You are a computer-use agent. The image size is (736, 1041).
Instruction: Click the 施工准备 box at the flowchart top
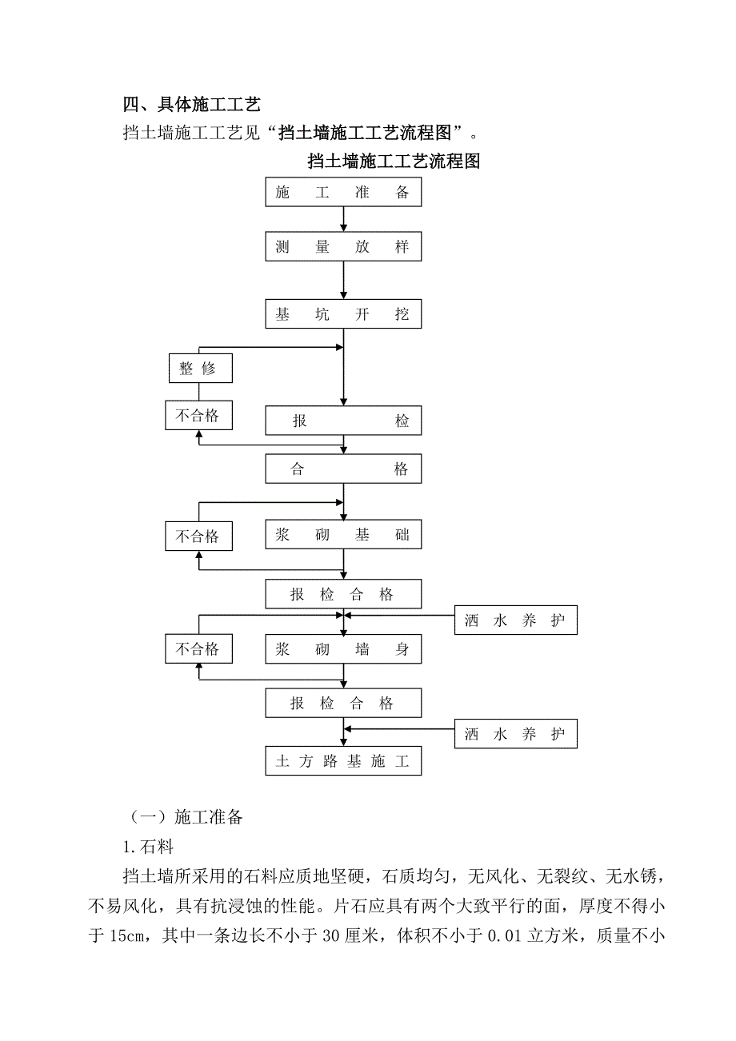pos(343,193)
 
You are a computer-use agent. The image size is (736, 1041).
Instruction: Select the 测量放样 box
pos(343,247)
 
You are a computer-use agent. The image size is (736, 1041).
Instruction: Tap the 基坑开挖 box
pos(343,314)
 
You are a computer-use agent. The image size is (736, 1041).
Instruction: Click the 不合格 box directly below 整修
pos(198,416)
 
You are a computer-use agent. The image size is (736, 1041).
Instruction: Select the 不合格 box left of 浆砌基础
pos(198,536)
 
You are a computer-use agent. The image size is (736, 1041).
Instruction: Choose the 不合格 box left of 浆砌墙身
pos(198,648)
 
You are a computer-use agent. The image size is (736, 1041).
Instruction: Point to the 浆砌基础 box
pos(343,535)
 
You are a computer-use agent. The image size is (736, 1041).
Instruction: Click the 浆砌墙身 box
pos(343,649)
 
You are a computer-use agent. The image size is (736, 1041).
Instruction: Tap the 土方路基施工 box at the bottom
pos(343,761)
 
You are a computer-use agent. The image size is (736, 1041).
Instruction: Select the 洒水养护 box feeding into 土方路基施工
pos(516,734)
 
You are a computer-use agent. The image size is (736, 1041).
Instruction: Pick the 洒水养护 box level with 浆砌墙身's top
pos(516,620)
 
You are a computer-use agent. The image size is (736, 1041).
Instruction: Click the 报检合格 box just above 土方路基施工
pos(343,704)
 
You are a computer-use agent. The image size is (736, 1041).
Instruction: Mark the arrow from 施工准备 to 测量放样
pos(343,219)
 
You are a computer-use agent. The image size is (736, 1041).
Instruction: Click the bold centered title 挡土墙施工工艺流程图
pos(394,161)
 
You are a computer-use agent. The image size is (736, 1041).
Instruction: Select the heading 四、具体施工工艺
pos(192,104)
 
